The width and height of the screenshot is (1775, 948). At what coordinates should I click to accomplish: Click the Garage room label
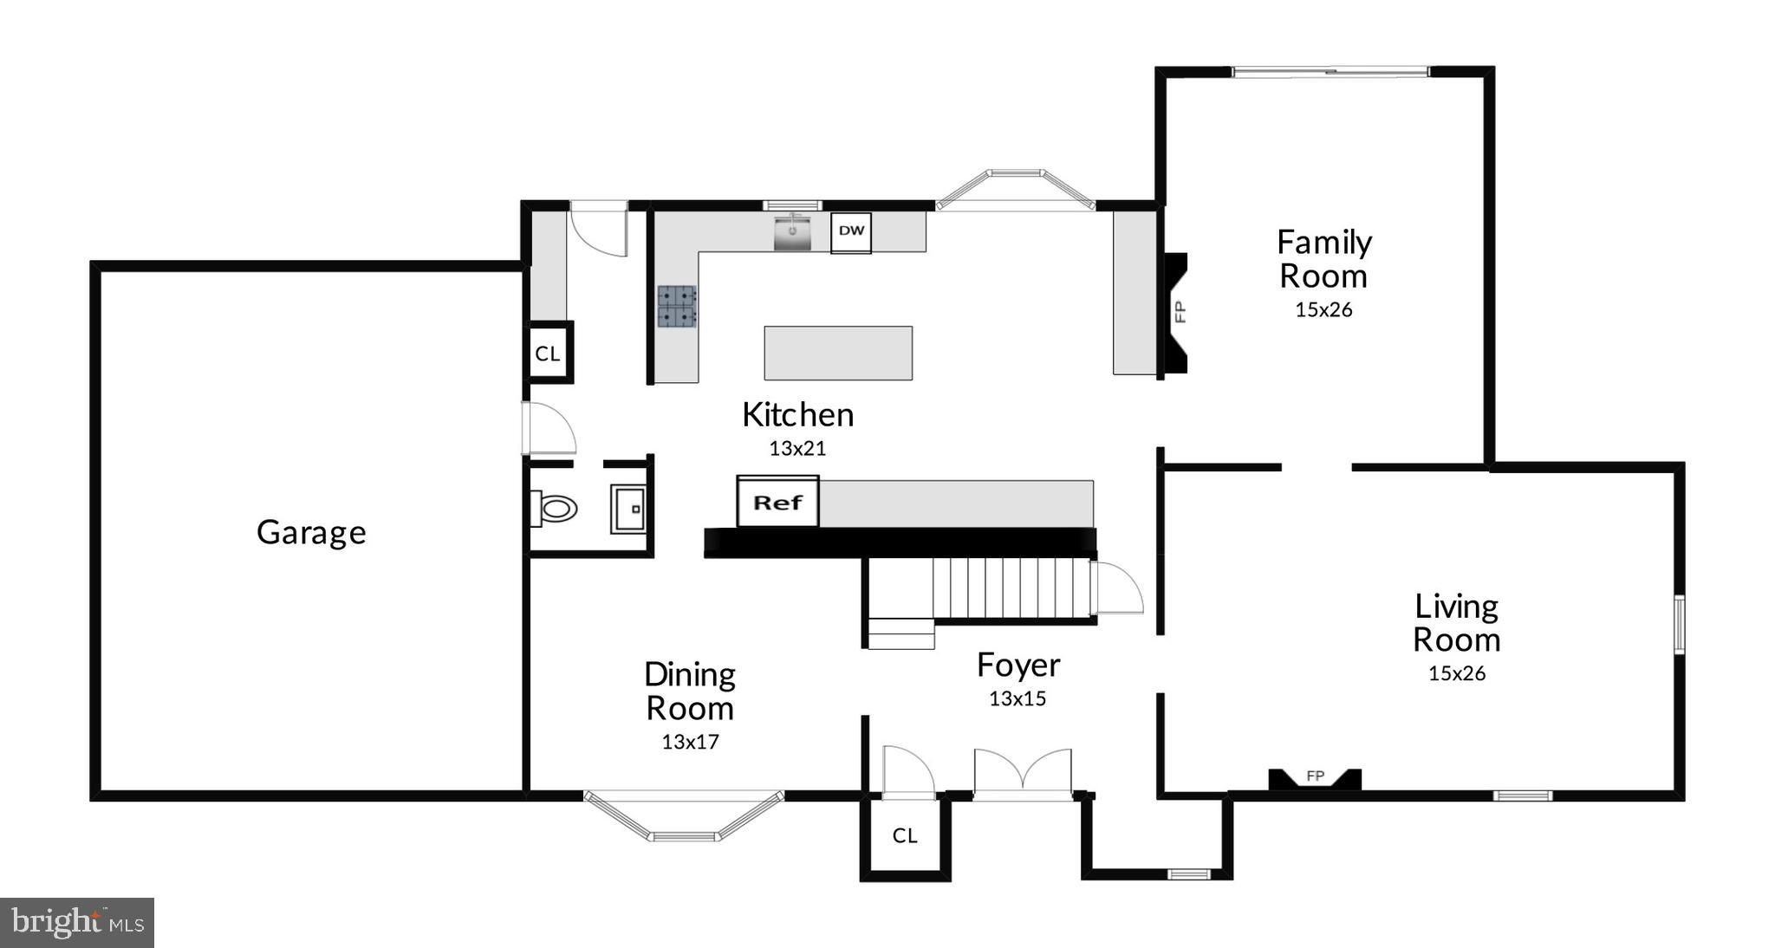pyautogui.click(x=311, y=532)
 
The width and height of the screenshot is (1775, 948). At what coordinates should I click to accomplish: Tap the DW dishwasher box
pyautogui.click(x=851, y=231)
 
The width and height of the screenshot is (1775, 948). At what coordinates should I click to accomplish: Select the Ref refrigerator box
pyautogui.click(x=777, y=503)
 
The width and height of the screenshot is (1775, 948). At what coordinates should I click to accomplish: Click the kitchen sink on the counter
pyautogui.click(x=792, y=233)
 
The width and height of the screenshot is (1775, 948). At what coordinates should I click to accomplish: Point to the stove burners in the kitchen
pyautogui.click(x=677, y=307)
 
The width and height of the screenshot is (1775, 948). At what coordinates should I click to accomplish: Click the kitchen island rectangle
pyautogui.click(x=838, y=353)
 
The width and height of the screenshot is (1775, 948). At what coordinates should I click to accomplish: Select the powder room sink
pyautogui.click(x=628, y=509)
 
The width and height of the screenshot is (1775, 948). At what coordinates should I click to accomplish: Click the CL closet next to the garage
pyautogui.click(x=548, y=353)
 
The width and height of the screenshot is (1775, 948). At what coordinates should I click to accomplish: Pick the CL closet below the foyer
pyautogui.click(x=905, y=835)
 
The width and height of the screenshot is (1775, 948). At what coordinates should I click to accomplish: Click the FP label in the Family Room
pyautogui.click(x=1179, y=312)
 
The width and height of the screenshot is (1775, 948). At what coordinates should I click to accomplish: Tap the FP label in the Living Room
pyautogui.click(x=1316, y=776)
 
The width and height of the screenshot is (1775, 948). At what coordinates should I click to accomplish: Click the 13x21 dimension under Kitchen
pyautogui.click(x=797, y=448)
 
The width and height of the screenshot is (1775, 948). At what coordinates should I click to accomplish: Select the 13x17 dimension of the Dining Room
pyautogui.click(x=690, y=742)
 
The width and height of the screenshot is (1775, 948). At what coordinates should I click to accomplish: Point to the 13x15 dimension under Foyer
pyautogui.click(x=1018, y=698)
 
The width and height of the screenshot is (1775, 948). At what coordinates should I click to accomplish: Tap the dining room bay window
pyautogui.click(x=684, y=817)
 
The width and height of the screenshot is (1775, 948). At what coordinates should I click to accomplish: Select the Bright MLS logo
pyautogui.click(x=77, y=923)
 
